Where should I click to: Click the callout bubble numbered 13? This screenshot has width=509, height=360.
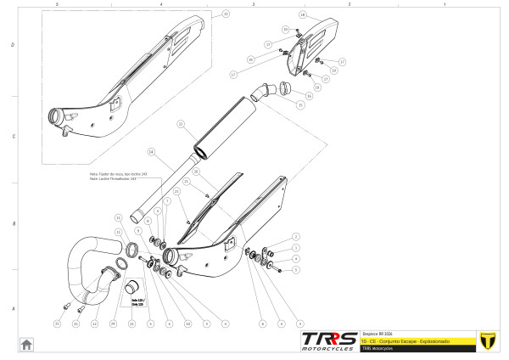tap(225, 14)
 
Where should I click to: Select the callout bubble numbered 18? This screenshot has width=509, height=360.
tap(303, 15)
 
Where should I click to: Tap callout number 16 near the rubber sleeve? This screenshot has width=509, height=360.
tap(309, 96)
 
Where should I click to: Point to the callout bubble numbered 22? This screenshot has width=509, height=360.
tap(180, 124)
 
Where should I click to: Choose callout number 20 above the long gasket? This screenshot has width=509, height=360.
tap(195, 171)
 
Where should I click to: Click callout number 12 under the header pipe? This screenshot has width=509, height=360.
tap(94, 323)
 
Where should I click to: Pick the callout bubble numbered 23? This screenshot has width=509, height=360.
tap(131, 323)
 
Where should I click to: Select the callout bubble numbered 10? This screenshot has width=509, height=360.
tap(187, 323)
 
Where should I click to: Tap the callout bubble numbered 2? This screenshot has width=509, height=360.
tap(295, 235)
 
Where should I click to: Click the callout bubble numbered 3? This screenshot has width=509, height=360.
tap(295, 247)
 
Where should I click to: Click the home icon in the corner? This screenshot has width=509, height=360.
tap(26, 344)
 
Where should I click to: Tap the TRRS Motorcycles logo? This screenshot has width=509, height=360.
tap(328, 340)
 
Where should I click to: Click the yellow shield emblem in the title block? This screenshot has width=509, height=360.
tap(487, 340)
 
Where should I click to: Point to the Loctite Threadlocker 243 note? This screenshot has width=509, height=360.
tap(118, 177)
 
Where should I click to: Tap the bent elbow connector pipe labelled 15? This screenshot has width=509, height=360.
tap(266, 91)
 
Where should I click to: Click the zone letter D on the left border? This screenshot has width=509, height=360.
tap(11, 44)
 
